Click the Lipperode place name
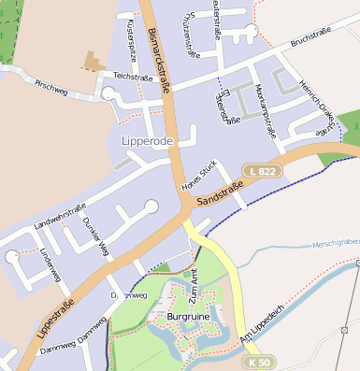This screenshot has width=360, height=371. point(149,140)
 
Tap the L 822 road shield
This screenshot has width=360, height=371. point(263,170)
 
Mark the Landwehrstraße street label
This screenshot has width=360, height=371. point(59,217)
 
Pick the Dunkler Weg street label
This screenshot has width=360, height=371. point(95,235)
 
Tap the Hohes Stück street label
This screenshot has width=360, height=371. point(199,175)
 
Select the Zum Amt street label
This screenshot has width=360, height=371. point(194,279)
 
